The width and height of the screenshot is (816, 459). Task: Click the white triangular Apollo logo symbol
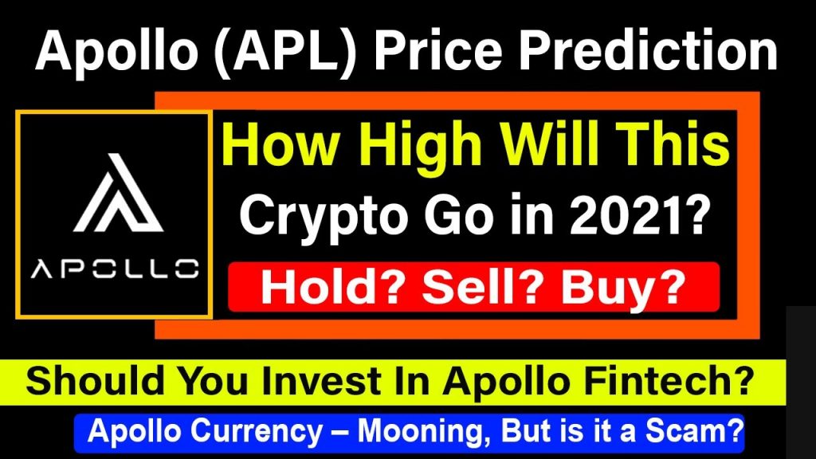tap(119, 194)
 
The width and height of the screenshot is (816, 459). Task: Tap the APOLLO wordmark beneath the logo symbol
tap(115, 269)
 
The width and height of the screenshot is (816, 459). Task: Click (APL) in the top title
tap(292, 50)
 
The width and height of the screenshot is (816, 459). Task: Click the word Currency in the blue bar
tap(257, 432)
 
